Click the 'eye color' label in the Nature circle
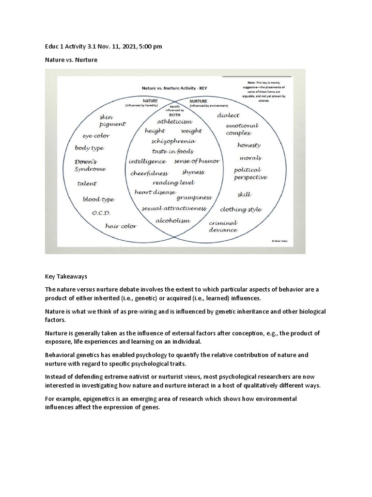pos(96,136)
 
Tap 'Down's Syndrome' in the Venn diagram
pos(90,165)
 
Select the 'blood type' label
pos(98,199)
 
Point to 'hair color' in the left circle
pos(121,226)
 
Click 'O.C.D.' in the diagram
pos(101,213)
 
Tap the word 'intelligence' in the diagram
pos(147,161)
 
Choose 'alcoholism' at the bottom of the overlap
pos(172,220)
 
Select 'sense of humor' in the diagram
pos(197,161)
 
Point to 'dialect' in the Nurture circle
pos(228,116)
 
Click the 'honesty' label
pos(249,145)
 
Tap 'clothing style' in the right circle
pos(241,210)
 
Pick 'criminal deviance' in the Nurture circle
pos(223,226)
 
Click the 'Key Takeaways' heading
pos(66,276)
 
